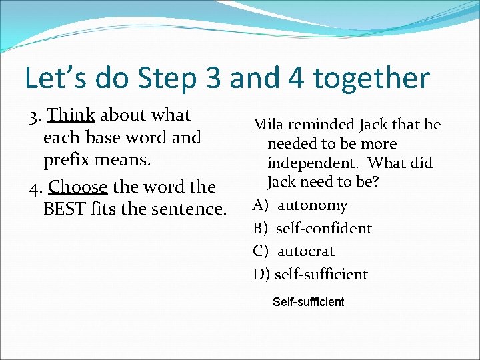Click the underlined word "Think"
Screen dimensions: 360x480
(72, 115)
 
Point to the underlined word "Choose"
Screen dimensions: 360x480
(78, 187)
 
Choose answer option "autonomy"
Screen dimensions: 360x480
(312, 205)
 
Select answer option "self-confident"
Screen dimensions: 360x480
(323, 228)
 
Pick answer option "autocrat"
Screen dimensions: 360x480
(305, 251)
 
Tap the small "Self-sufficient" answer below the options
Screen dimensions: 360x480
(309, 302)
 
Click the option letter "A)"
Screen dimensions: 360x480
(261, 205)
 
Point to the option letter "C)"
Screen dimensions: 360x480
(261, 251)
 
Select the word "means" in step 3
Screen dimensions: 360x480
(125, 161)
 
